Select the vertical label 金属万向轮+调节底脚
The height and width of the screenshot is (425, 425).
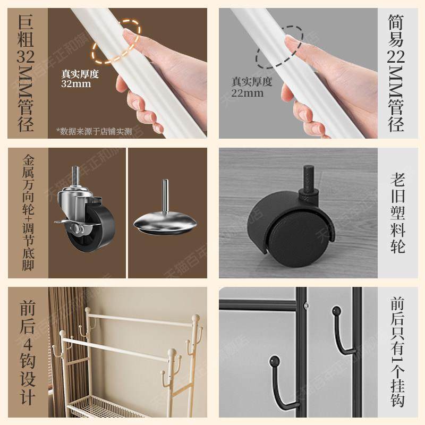click(28, 212)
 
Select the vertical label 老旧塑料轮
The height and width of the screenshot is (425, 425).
click(398, 212)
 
